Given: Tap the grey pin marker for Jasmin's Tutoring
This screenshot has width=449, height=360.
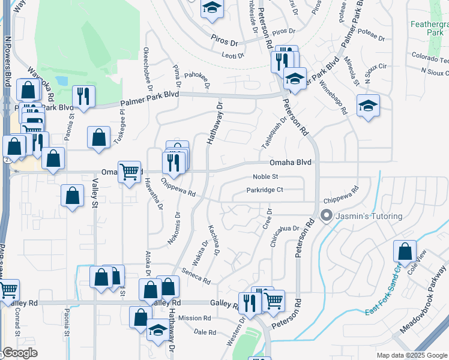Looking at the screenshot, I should (327, 215).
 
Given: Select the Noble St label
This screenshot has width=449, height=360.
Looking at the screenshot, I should (266, 177).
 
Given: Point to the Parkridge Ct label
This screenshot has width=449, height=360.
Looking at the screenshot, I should (265, 190).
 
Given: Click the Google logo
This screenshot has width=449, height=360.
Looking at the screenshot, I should (19, 353).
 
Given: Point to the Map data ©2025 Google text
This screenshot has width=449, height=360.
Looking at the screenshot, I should (411, 355).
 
